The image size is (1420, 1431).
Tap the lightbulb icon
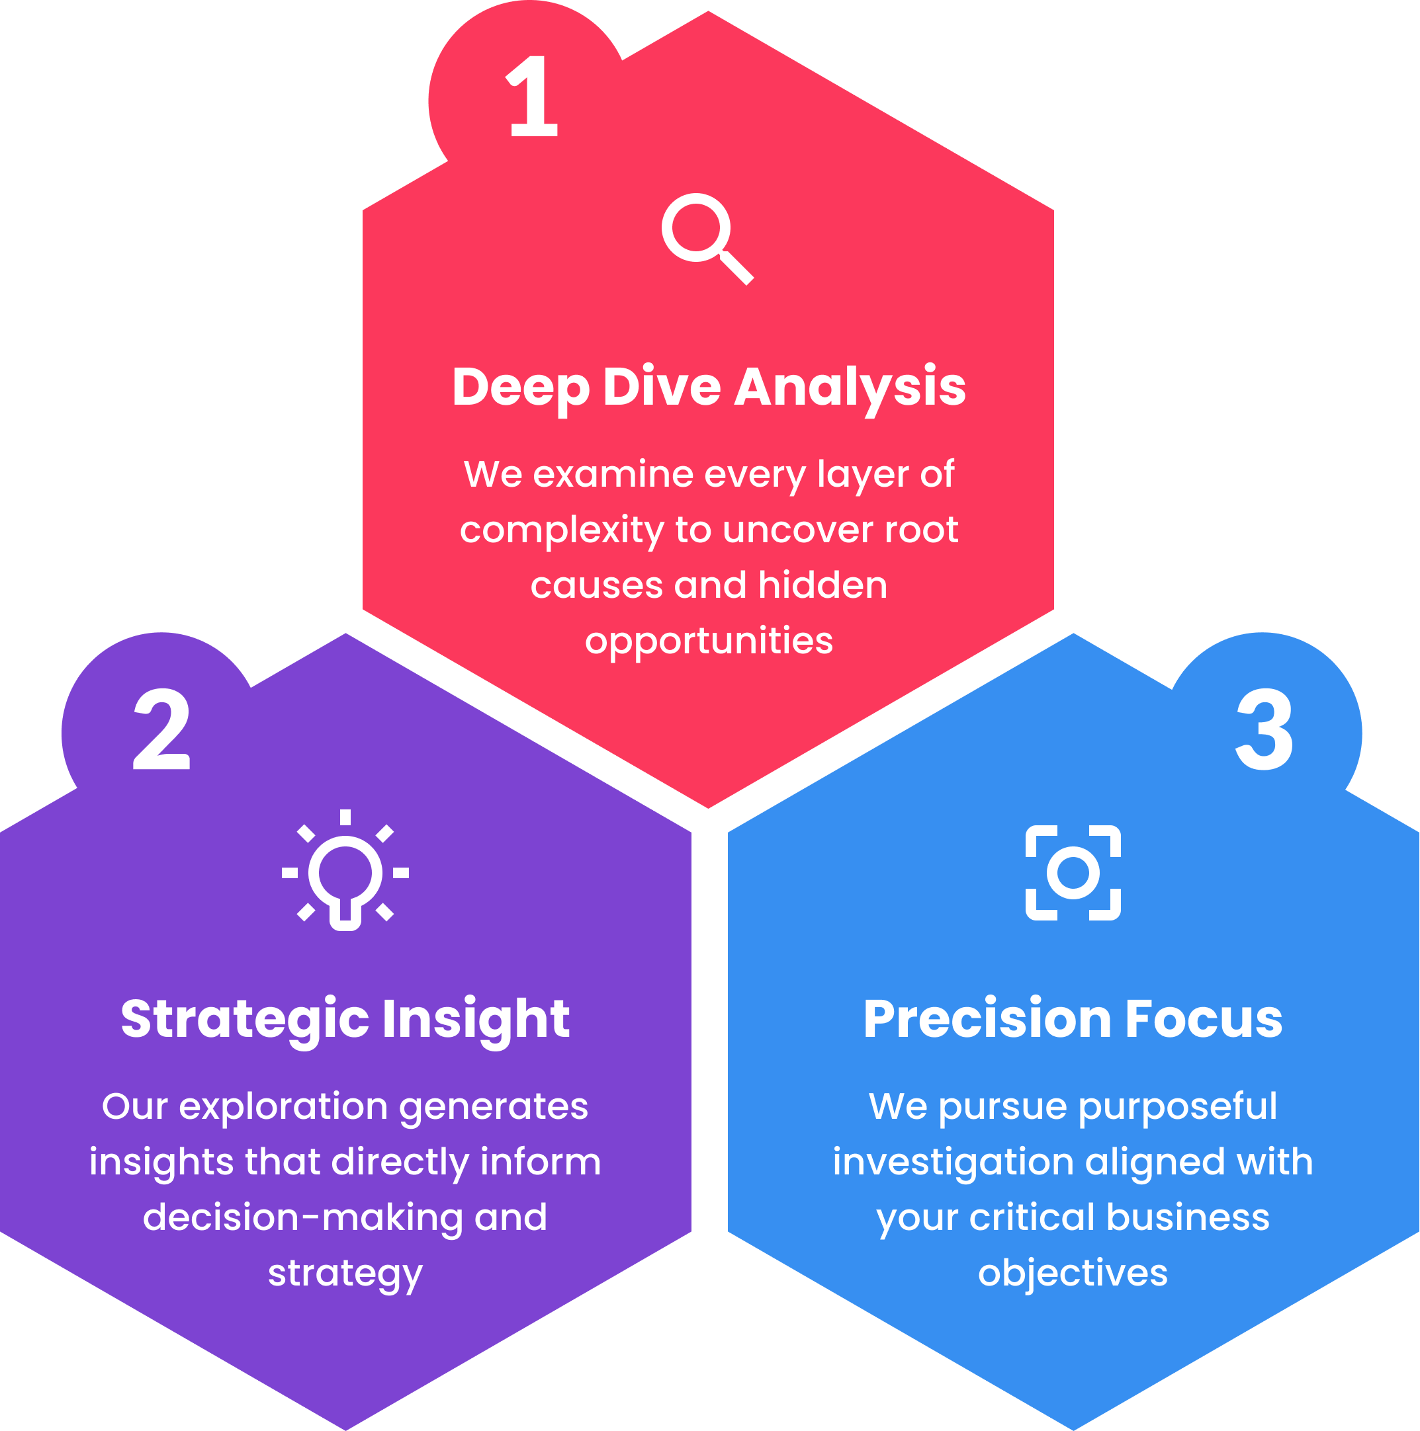point(345,872)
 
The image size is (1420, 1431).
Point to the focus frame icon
point(1073,872)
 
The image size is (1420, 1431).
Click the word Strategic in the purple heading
point(245,1020)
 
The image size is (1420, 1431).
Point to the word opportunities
point(709,641)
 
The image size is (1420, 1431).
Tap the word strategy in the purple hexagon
point(345,1275)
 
